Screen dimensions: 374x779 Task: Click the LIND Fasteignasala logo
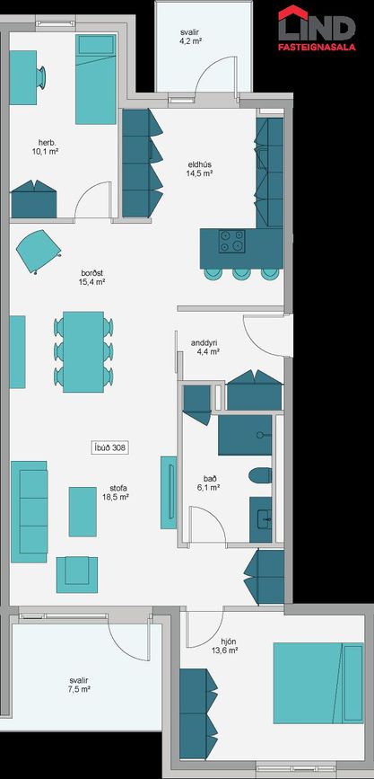point(317,28)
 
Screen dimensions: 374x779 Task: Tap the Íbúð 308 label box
point(110,447)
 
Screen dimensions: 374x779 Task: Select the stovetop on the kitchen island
point(231,242)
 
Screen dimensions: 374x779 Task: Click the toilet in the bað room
point(260,475)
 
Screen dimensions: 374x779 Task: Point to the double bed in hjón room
point(318,684)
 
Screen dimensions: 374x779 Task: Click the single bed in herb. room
point(96,79)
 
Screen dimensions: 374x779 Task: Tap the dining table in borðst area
point(83,351)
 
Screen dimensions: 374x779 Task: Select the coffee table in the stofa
point(83,512)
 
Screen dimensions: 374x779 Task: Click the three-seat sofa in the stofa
point(30,512)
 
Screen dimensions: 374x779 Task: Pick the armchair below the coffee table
point(77,575)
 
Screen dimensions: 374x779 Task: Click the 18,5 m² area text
point(116,496)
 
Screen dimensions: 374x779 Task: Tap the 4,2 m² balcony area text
point(191,42)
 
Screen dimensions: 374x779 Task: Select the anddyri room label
point(205,343)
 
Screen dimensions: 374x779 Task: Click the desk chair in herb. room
point(41,77)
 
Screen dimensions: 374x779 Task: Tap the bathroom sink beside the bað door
point(260,519)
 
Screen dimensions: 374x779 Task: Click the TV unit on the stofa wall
point(169,492)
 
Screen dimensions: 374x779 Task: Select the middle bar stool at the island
point(241,274)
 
